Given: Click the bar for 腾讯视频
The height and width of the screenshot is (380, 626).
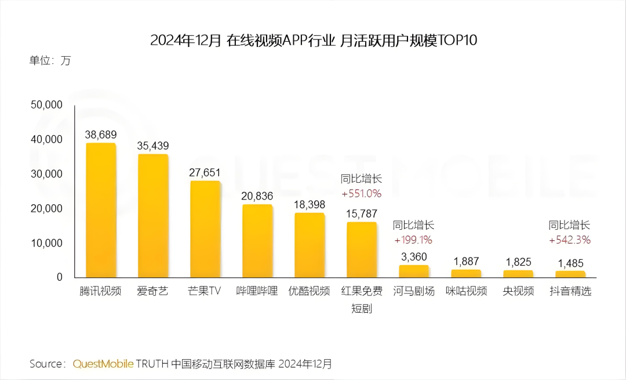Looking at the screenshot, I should tap(101, 210).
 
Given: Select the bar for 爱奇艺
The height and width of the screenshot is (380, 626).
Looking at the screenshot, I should tap(153, 216).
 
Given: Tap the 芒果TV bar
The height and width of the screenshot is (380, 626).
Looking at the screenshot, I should tap(205, 229).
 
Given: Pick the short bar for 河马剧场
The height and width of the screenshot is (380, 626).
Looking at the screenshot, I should tap(414, 272).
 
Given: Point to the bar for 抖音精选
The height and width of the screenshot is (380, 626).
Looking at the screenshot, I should tap(570, 274).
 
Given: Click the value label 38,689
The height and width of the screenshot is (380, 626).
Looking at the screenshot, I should tap(101, 135).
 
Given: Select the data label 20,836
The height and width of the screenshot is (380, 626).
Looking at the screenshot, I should tap(257, 196).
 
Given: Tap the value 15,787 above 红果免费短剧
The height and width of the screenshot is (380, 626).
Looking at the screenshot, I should tap(362, 214).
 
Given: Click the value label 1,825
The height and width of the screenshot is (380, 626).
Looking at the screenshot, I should tap(518, 262).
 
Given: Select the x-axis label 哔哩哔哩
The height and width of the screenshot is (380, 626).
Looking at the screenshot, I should tap(257, 291).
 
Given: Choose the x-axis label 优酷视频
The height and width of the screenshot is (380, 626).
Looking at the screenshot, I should tap(310, 291).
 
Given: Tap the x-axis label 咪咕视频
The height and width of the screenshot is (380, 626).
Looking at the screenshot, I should tap(466, 291).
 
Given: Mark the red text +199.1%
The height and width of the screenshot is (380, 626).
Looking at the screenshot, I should tap(413, 240).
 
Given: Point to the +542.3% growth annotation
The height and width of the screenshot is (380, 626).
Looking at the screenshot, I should tap(570, 240).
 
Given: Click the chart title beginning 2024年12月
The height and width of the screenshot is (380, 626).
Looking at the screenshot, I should tap(313, 40).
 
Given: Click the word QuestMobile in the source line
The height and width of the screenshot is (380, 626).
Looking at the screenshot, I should tap(103, 364).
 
